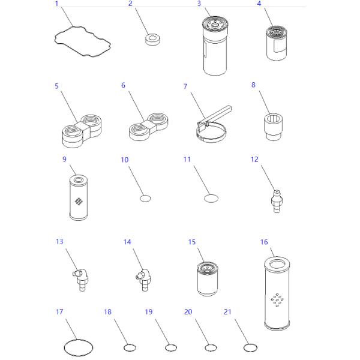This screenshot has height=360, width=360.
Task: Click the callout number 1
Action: [x=56, y=4]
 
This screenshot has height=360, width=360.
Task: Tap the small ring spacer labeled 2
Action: [x=153, y=40]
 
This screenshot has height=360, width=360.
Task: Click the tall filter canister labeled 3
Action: [x=215, y=46]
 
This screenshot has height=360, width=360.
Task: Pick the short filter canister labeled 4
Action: [x=277, y=43]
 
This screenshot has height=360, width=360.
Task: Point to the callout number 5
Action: [x=57, y=86]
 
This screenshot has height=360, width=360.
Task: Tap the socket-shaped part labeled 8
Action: [x=273, y=127]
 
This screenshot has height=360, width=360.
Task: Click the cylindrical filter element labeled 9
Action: [x=79, y=197]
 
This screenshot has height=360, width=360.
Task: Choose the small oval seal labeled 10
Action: [x=145, y=199]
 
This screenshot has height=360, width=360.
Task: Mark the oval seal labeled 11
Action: [x=211, y=199]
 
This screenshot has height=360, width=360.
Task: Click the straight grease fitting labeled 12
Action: [x=277, y=202]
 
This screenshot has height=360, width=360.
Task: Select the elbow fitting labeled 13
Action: [x=80, y=280]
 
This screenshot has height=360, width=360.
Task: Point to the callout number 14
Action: [x=127, y=242]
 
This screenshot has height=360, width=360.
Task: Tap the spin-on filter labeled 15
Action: [x=208, y=279]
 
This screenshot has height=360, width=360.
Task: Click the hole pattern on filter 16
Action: [x=277, y=300]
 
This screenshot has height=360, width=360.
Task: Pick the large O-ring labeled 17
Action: [x=64, y=347]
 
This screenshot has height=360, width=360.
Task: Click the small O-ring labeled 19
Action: [x=166, y=348]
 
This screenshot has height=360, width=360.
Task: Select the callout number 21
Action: [x=227, y=312]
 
